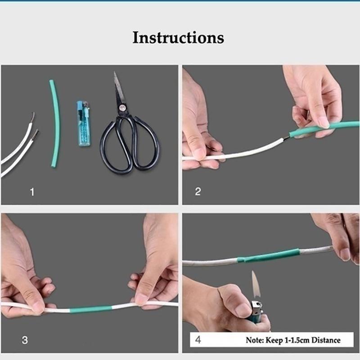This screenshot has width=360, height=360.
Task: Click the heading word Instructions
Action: point(178,37)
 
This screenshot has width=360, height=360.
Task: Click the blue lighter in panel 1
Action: point(83,126)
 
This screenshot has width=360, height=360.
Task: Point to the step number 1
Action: point(31,192)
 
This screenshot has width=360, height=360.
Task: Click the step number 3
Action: point(25,340)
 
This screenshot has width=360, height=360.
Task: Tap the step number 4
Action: point(198,340)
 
